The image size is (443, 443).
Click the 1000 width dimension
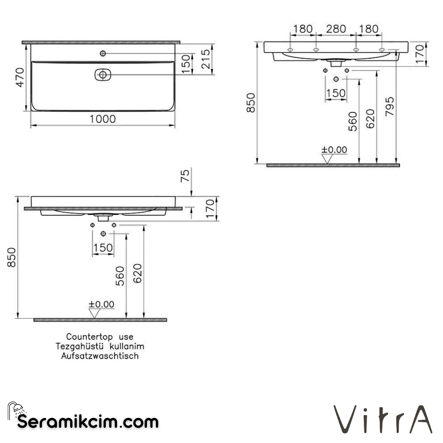point(103,119)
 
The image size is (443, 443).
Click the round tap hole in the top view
point(103,53)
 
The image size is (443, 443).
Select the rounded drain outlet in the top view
point(103,75)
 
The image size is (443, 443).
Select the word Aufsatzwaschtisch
point(100,356)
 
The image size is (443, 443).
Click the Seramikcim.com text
point(88,421)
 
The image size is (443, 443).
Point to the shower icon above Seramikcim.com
point(16,409)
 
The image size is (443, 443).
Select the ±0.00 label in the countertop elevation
point(101,304)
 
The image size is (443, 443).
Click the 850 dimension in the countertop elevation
point(12,257)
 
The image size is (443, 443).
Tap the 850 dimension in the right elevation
point(251,103)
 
